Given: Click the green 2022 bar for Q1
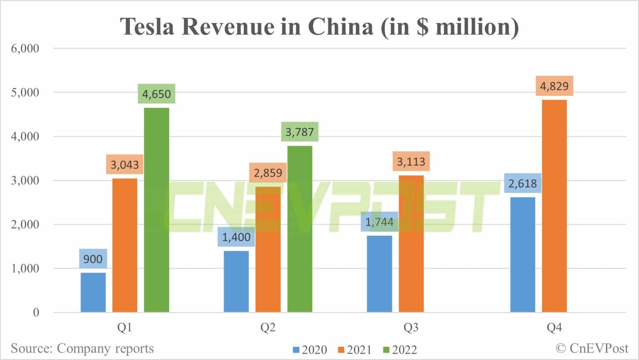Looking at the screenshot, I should tap(156, 210).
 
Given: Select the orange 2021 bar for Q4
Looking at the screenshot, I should tap(554, 206).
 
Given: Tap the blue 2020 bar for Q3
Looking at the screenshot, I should tap(379, 274).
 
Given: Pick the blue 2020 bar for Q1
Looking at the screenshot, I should tap(93, 292).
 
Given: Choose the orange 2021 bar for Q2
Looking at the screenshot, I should tap(268, 249).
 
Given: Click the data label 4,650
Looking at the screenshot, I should tap(156, 94).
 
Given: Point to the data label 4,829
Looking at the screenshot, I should tap(554, 86).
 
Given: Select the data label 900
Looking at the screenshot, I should tap(93, 259).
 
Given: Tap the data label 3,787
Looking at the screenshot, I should tap(299, 132).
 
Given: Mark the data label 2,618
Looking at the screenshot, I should tap(522, 183).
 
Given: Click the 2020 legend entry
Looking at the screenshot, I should tap(310, 350).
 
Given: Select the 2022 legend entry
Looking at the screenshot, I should tap(400, 350).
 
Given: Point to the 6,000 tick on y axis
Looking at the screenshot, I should tap(25, 48).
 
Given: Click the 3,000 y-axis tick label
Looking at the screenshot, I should tap(25, 180).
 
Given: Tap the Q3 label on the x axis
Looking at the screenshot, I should tap(411, 327).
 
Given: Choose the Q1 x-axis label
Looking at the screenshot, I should tap(124, 327).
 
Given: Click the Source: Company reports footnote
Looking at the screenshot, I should tap(82, 348).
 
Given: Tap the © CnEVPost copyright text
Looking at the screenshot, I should tap(592, 348).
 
